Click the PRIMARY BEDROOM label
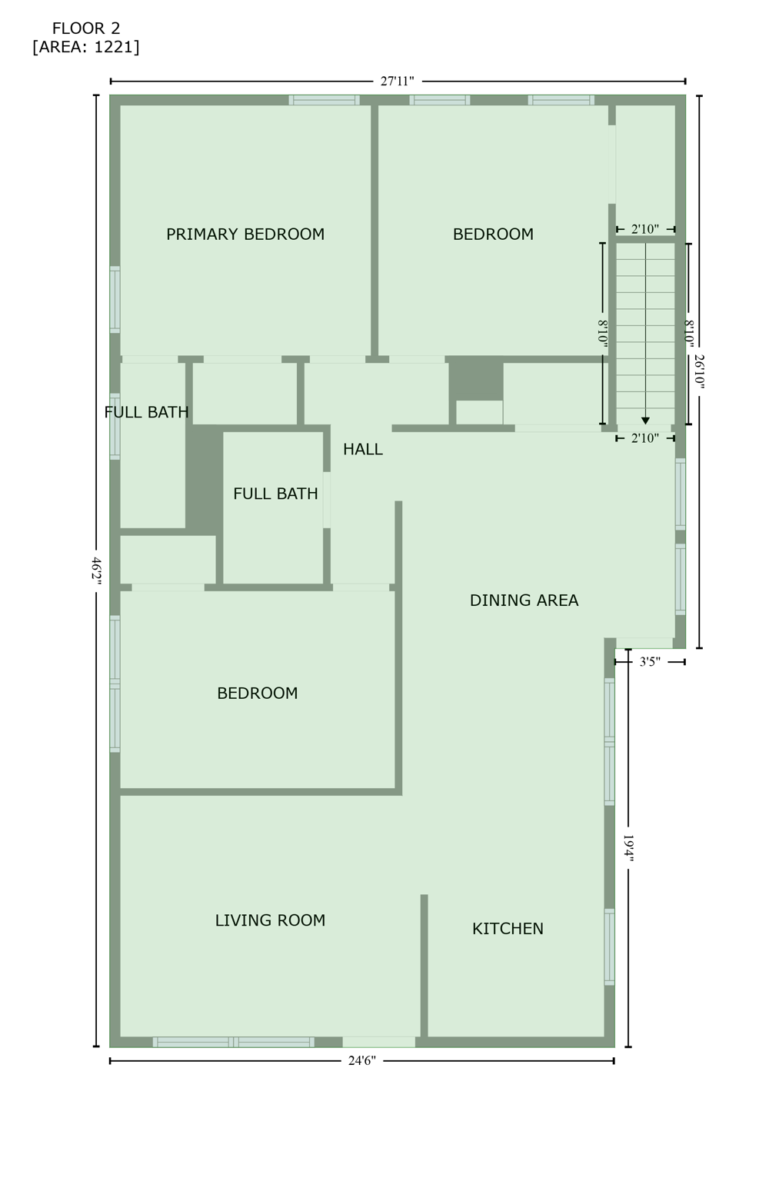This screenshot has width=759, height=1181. (x=245, y=235)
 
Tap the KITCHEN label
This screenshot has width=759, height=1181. (x=508, y=929)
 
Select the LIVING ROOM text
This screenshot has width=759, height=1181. (x=270, y=920)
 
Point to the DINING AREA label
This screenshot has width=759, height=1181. (x=524, y=600)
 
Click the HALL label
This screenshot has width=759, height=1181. (x=362, y=450)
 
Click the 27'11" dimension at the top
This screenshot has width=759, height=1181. (x=398, y=81)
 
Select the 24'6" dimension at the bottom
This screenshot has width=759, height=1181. (x=361, y=1061)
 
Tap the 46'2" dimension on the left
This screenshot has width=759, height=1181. (x=97, y=572)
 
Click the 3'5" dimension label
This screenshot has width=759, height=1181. (x=650, y=661)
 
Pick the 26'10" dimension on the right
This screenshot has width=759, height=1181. (x=699, y=371)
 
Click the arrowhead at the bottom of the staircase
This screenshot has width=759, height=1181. (x=645, y=421)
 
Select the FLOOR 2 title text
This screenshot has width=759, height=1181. (x=86, y=29)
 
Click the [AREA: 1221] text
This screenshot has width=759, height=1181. (x=86, y=48)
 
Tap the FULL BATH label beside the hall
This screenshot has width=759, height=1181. (x=275, y=494)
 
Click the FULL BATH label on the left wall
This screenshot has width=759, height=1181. (x=146, y=413)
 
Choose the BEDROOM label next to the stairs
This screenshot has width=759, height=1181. (x=493, y=235)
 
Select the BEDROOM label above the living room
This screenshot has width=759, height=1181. (x=257, y=694)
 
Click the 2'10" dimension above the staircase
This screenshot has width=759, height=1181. (x=645, y=229)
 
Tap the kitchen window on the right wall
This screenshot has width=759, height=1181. (x=610, y=946)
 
